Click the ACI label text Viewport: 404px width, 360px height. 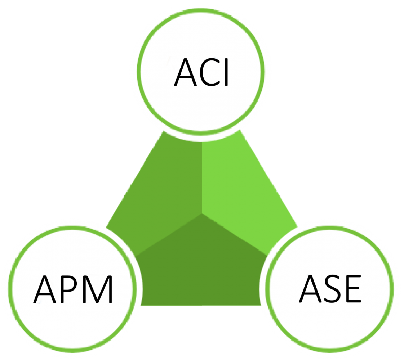coord(201,72)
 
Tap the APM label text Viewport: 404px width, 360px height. coord(73,289)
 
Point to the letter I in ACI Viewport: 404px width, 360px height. coord(227,72)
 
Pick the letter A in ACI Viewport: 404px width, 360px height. coord(186,72)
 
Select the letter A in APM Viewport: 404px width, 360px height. coord(45,289)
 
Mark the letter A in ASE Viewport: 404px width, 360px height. coord(310,288)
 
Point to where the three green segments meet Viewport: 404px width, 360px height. coord(202,213)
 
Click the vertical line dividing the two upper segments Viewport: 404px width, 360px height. coord(202,177)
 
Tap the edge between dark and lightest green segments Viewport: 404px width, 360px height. coord(235,234)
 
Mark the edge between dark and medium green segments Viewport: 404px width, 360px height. coord(169,234)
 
